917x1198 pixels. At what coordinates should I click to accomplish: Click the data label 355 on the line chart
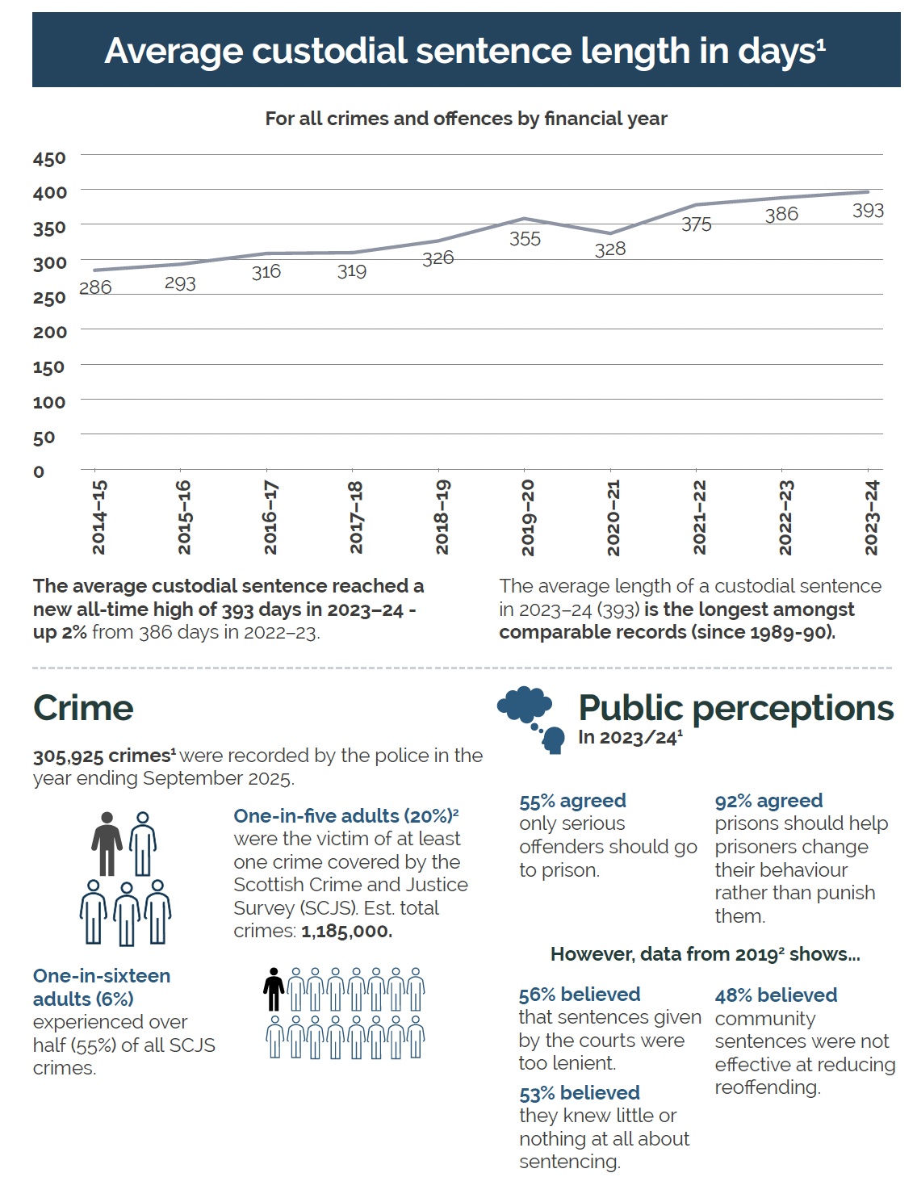pyautogui.click(x=525, y=239)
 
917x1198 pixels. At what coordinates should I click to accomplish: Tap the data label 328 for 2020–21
pyautogui.click(x=610, y=249)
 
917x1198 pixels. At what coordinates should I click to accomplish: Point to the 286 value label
pyautogui.click(x=95, y=287)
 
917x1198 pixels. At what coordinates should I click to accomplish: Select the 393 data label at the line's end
pyautogui.click(x=868, y=211)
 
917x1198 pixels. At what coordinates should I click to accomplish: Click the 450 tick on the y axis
pyautogui.click(x=49, y=158)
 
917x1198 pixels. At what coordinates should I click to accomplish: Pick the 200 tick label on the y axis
pyautogui.click(x=49, y=332)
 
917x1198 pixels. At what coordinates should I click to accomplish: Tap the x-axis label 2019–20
pyautogui.click(x=528, y=517)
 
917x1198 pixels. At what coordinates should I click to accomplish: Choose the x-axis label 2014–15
pyautogui.click(x=98, y=517)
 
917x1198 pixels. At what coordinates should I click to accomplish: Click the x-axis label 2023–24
pyautogui.click(x=872, y=517)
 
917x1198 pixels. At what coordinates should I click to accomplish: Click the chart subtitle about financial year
pyautogui.click(x=466, y=119)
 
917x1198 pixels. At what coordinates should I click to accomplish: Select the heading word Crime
pyautogui.click(x=83, y=708)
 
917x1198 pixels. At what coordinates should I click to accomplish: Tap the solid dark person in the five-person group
pyautogui.click(x=107, y=844)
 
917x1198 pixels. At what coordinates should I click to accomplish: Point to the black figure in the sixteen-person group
pyautogui.click(x=274, y=989)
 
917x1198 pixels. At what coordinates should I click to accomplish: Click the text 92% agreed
pyautogui.click(x=768, y=801)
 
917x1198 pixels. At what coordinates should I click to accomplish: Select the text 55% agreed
pyautogui.click(x=572, y=801)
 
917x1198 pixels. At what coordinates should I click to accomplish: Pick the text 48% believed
pyautogui.click(x=776, y=995)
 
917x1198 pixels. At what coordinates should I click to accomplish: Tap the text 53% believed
pyautogui.click(x=579, y=1093)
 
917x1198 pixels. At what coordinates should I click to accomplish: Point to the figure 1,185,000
pyautogui.click(x=346, y=931)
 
